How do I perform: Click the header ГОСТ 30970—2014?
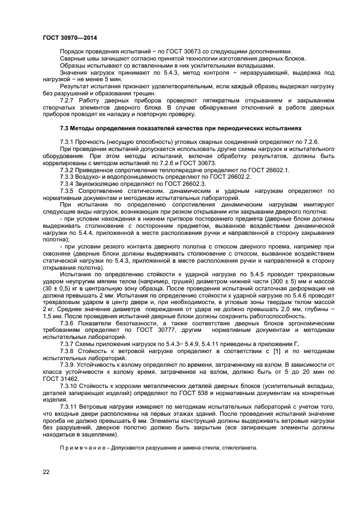click(65, 38)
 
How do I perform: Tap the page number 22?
click(46, 472)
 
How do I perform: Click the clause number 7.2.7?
click(68, 101)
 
